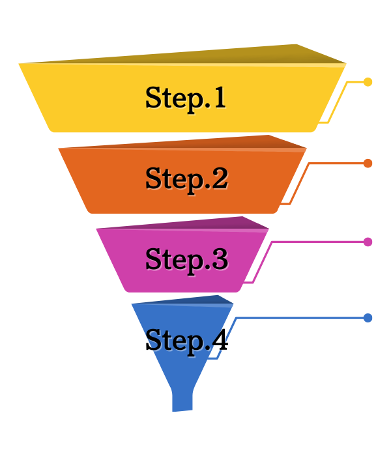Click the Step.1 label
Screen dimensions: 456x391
(186, 98)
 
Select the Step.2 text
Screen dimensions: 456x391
(186, 178)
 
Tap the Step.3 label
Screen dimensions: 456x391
(186, 259)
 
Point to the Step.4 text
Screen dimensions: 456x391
(186, 340)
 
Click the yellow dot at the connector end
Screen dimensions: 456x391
(368, 82)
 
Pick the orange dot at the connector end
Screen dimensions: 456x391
(368, 163)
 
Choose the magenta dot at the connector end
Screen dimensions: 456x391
(368, 242)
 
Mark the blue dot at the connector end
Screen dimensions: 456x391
(368, 318)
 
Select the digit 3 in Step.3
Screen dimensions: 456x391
(220, 259)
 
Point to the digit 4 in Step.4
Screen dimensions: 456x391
(219, 340)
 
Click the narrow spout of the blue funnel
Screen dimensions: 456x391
(182, 399)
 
